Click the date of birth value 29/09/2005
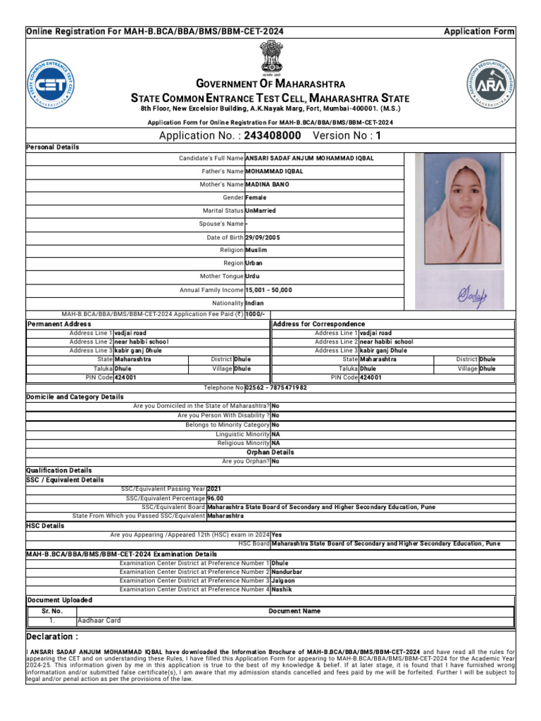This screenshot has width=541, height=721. [262, 238]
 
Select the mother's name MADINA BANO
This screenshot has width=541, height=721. [267, 184]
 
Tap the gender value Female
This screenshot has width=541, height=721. [256, 198]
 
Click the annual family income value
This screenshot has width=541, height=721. [268, 290]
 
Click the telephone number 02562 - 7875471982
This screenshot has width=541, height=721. [275, 388]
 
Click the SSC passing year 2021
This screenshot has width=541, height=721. [214, 489]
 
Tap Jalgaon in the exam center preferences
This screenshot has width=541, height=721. [283, 581]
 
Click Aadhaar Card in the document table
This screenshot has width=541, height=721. [99, 621]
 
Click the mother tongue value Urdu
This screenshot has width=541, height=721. [252, 277]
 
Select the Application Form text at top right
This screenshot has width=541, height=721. [478, 32]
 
